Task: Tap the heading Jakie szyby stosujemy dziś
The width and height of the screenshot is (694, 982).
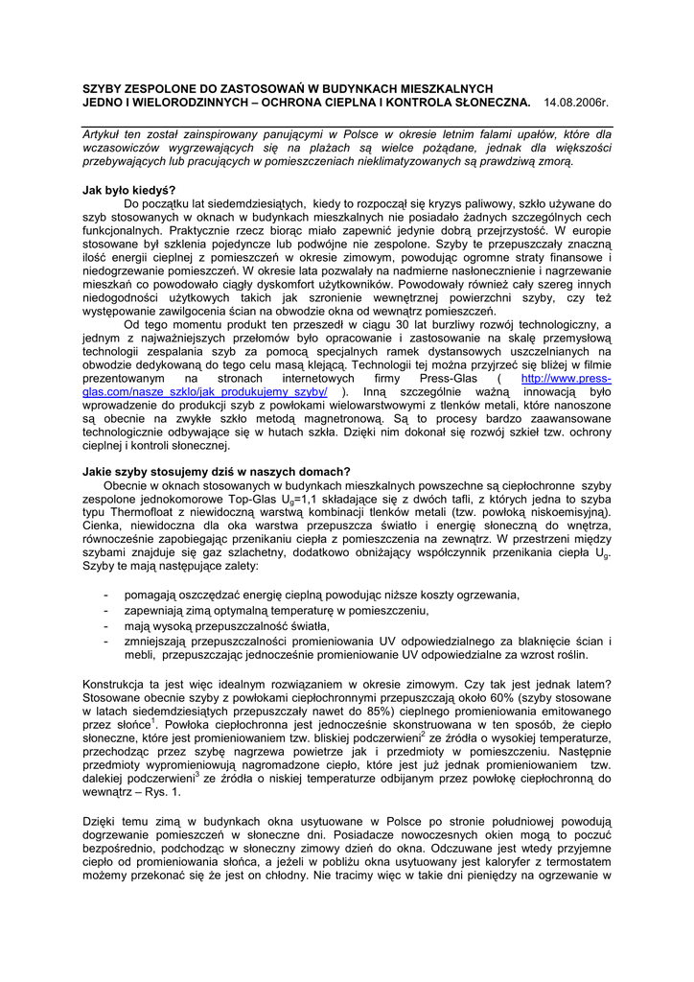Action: (x=217, y=471)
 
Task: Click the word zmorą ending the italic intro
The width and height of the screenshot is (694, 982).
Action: (x=550, y=163)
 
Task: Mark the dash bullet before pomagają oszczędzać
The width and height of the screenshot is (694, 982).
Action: (x=104, y=596)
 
